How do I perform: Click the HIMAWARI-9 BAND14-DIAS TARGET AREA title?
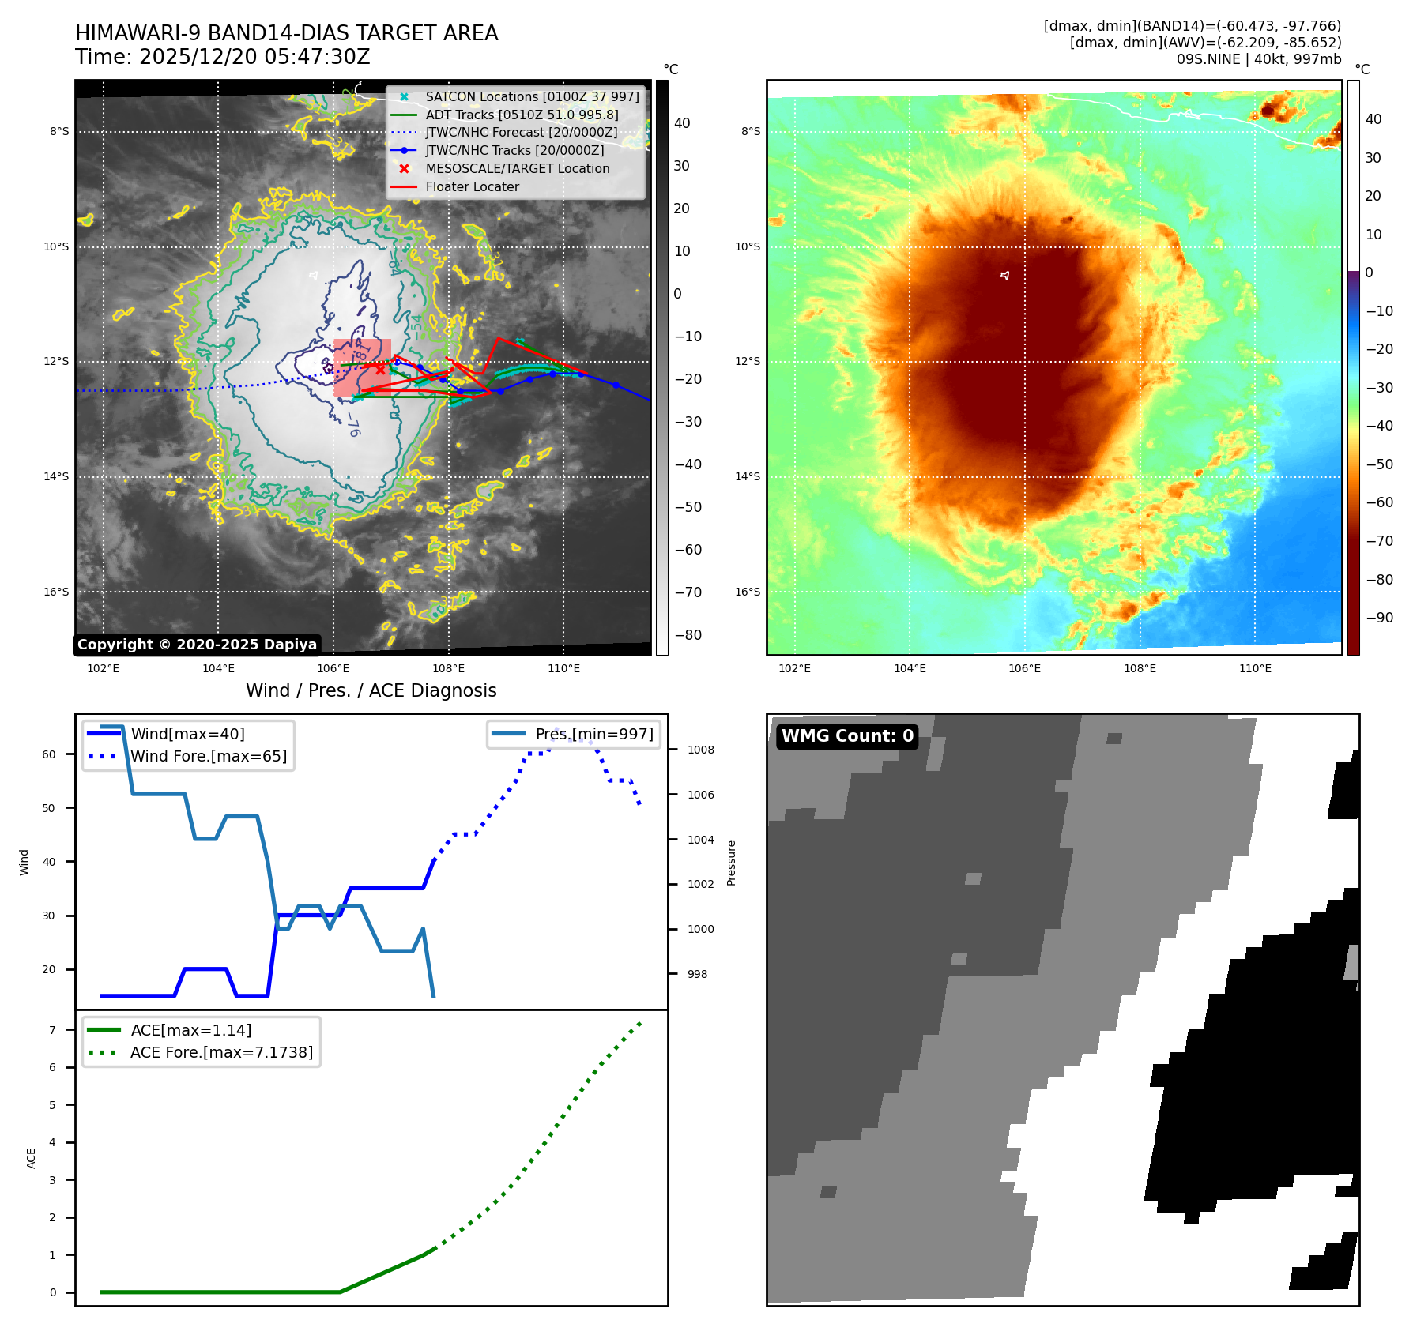click(286, 33)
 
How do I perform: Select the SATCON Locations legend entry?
click(532, 96)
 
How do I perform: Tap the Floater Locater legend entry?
click(472, 186)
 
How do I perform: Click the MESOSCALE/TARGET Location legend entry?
click(517, 168)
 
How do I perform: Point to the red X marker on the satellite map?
click(380, 369)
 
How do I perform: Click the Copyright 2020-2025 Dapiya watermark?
click(197, 645)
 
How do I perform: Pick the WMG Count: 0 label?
click(847, 736)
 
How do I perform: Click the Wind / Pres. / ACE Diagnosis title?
click(371, 690)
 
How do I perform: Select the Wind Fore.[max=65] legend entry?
click(209, 756)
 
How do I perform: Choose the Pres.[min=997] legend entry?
click(594, 734)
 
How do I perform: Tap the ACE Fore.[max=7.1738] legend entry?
click(221, 1052)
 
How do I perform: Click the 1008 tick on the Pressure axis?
click(700, 750)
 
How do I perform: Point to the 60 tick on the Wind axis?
click(49, 754)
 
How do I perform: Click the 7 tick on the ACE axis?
click(52, 1030)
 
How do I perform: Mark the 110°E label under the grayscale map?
click(563, 668)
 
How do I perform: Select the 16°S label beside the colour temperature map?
click(748, 592)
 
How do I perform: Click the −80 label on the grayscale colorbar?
click(687, 635)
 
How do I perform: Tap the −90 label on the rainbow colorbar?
click(1379, 618)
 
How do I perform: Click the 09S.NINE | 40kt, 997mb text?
click(1258, 58)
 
